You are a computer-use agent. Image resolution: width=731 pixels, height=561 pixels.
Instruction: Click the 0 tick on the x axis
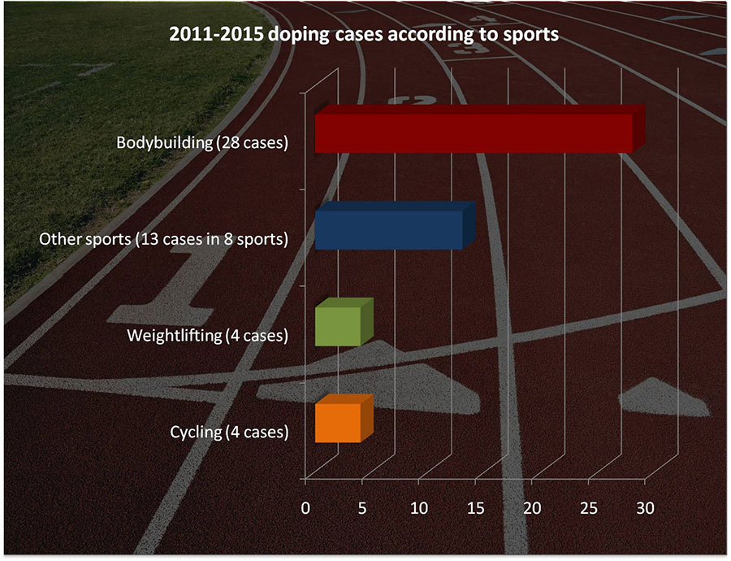(x=305, y=508)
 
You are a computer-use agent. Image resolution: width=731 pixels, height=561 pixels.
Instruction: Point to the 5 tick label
(x=361, y=508)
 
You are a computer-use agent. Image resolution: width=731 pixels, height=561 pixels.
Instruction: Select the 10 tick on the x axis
(x=418, y=508)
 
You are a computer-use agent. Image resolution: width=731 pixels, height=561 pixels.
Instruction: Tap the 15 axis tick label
(x=475, y=508)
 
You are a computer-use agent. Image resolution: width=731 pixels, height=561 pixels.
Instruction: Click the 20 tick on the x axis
(x=532, y=508)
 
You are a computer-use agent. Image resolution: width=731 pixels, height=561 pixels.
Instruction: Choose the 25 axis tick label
(x=589, y=508)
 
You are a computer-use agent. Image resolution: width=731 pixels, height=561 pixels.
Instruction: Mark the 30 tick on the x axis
(x=645, y=508)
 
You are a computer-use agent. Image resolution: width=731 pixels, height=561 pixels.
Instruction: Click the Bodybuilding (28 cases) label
(x=202, y=143)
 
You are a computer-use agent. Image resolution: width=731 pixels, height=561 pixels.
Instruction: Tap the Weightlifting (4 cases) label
(x=207, y=336)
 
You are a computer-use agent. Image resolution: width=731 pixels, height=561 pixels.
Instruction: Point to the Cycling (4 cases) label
(x=229, y=433)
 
